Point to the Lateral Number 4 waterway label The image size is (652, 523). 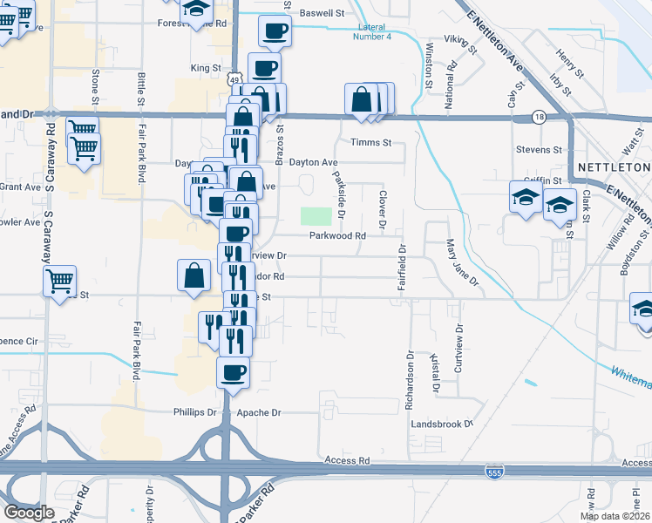coord(373,32)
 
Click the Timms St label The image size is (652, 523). coord(371,142)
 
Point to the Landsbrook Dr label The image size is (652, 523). coord(442,424)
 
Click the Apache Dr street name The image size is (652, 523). coord(265,412)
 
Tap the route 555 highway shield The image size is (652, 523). coord(494,471)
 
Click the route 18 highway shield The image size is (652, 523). coord(540,116)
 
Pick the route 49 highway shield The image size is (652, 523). coord(235,80)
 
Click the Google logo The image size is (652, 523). coord(29,512)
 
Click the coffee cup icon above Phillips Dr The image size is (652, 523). coord(233,374)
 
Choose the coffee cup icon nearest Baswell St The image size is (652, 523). coord(275,32)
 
